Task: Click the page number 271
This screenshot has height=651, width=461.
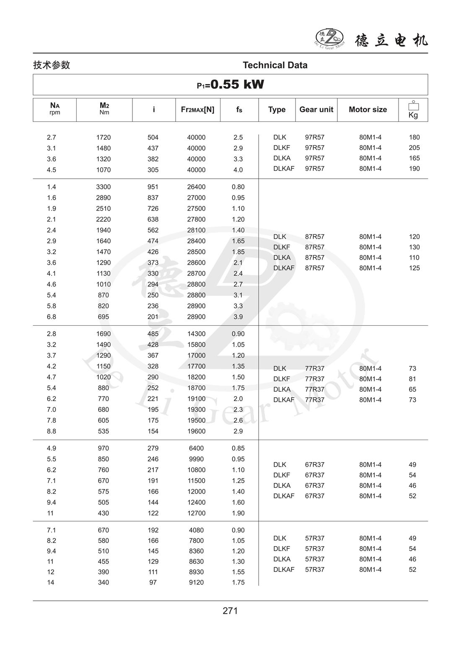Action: click(x=230, y=611)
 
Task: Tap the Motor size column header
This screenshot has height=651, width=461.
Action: click(x=368, y=110)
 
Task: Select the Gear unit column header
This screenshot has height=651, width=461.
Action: click(x=316, y=110)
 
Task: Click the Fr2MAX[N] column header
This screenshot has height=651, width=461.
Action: click(x=197, y=110)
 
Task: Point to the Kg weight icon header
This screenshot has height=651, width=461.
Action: click(x=413, y=110)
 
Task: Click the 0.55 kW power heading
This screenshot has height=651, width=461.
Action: click(x=230, y=85)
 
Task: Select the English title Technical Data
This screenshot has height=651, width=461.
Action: click(x=275, y=65)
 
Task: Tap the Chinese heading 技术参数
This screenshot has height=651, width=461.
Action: click(x=52, y=65)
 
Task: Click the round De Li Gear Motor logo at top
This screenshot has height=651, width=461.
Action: click(x=329, y=39)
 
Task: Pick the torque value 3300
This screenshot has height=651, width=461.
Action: click(x=103, y=187)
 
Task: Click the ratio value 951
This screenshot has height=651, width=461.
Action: click(x=153, y=187)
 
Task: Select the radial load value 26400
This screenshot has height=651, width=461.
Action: click(x=196, y=187)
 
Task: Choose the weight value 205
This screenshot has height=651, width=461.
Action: click(x=414, y=148)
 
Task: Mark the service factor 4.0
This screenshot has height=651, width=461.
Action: click(x=238, y=170)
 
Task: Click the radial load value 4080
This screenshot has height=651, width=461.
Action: click(x=196, y=530)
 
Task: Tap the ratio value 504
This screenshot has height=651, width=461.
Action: click(x=153, y=137)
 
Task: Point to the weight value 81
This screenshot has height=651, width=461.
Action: click(x=412, y=379)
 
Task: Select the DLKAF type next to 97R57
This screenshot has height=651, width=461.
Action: click(x=284, y=169)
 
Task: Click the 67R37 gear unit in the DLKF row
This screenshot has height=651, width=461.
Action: click(x=314, y=475)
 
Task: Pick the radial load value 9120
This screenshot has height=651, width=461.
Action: click(x=196, y=582)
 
